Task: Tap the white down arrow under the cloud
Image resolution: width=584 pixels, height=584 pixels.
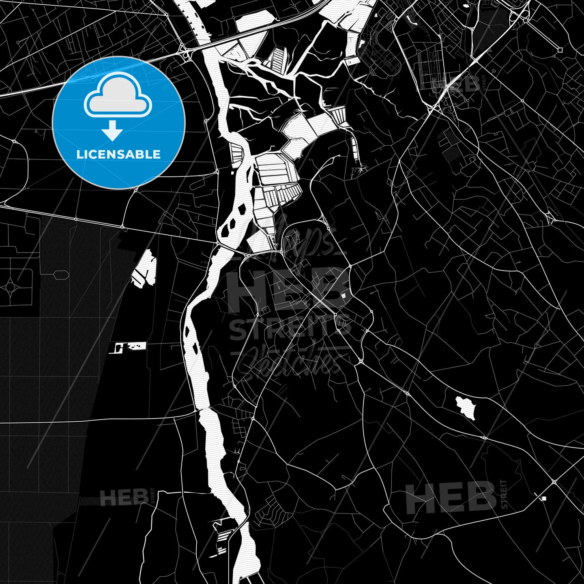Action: tap(112, 131)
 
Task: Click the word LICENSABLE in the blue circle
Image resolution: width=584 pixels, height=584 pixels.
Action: tap(118, 155)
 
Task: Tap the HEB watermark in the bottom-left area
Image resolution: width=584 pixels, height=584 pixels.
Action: tap(124, 498)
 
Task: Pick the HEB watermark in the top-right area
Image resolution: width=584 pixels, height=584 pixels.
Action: tap(456, 84)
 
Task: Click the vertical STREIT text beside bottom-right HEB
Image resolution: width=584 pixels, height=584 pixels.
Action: tap(504, 494)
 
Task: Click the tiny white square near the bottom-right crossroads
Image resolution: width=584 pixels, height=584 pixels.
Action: tap(544, 498)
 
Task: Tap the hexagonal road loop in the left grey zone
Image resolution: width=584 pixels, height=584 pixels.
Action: tap(60, 275)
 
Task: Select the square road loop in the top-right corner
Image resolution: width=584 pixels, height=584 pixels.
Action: tap(560, 50)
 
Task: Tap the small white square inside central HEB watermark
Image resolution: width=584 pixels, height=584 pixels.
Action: tap(344, 296)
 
